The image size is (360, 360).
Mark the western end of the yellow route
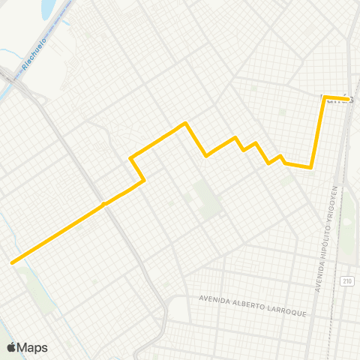[x=12, y=262]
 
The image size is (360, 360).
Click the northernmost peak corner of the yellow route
[x=185, y=122]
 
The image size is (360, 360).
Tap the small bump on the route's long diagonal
[x=104, y=202]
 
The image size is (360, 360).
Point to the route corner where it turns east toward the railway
[x=324, y=97]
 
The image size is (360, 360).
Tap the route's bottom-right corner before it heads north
[x=310, y=168]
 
